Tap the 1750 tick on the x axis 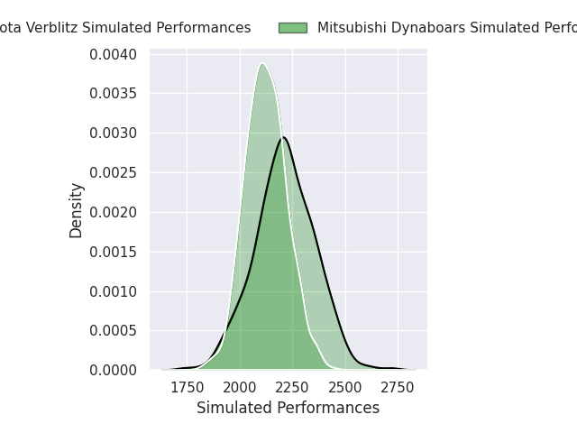tap(187, 387)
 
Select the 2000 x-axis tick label tap(240, 387)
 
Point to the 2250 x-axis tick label tap(292, 387)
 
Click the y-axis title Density tap(77, 210)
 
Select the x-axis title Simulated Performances tap(288, 408)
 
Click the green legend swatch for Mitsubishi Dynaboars tap(292, 28)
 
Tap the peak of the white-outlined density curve tap(262, 64)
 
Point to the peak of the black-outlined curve tap(284, 137)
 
